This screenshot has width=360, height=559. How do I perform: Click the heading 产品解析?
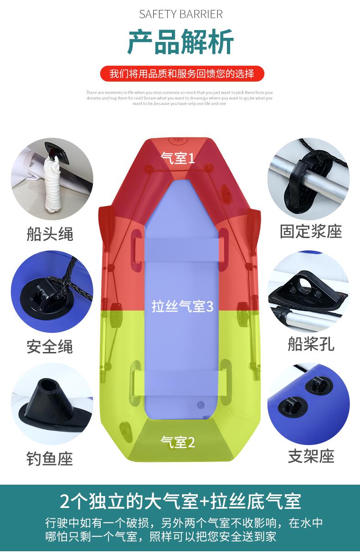(180, 42)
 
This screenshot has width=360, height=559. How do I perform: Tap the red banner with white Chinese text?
(181, 73)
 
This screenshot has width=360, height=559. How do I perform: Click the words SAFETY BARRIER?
(181, 14)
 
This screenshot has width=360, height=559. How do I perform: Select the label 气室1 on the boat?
(178, 158)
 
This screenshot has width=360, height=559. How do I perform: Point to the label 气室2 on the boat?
(178, 441)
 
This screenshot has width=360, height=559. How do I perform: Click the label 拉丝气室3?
(182, 306)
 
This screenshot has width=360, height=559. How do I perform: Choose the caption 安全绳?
(50, 347)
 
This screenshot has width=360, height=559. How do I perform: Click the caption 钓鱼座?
(50, 458)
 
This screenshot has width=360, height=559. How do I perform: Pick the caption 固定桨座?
(311, 231)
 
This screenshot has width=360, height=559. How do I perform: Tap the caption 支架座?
(311, 456)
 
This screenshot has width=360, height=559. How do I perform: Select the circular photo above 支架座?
(309, 404)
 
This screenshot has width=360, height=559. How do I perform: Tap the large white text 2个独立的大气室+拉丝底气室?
(180, 501)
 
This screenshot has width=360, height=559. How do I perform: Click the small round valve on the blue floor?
(201, 404)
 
